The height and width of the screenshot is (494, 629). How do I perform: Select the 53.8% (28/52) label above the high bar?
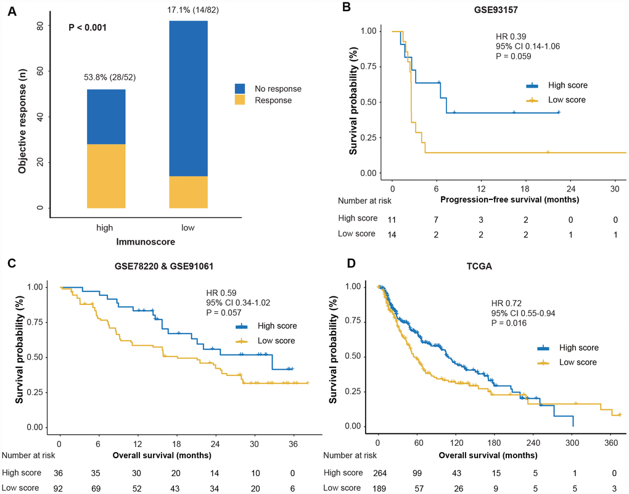(108, 78)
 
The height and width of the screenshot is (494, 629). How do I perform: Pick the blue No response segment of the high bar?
(108, 117)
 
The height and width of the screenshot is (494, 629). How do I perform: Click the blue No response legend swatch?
(241, 88)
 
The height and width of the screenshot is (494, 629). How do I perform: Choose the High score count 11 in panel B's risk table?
(392, 219)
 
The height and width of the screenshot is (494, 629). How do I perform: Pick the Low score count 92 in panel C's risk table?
(59, 487)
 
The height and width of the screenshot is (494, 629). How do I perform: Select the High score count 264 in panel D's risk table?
(379, 472)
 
